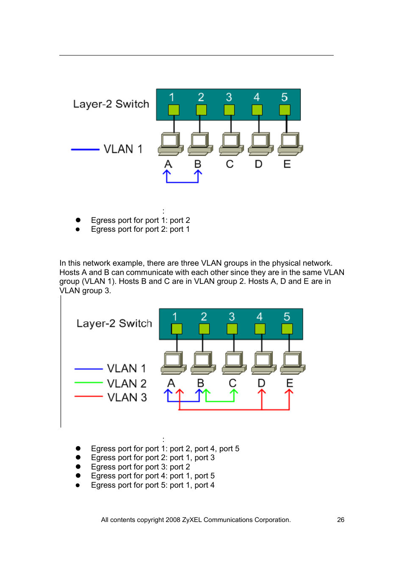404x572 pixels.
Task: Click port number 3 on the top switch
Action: [229, 97]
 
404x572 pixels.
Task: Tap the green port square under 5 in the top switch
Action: [285, 110]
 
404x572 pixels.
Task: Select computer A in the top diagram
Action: [170, 143]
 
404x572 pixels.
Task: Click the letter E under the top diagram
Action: [287, 164]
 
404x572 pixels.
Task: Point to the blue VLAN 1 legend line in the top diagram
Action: [85, 149]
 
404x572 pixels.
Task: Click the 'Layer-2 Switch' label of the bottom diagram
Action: [114, 323]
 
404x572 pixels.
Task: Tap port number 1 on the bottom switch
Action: [174, 317]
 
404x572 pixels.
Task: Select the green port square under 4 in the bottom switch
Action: [260, 329]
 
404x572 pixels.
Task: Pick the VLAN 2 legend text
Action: [127, 383]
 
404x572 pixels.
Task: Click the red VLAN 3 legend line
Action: [89, 397]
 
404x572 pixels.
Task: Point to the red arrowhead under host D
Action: [262, 392]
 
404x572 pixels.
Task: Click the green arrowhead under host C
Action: [234, 392]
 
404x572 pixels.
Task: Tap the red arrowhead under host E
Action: [289, 392]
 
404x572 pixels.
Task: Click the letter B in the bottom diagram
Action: [201, 383]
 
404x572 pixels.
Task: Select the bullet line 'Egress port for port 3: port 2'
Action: [140, 467]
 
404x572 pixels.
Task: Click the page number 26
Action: [340, 520]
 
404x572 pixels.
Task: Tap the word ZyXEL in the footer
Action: [192, 520]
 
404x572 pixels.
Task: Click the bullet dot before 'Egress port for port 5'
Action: [78, 485]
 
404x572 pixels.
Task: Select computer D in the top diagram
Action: [260, 143]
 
